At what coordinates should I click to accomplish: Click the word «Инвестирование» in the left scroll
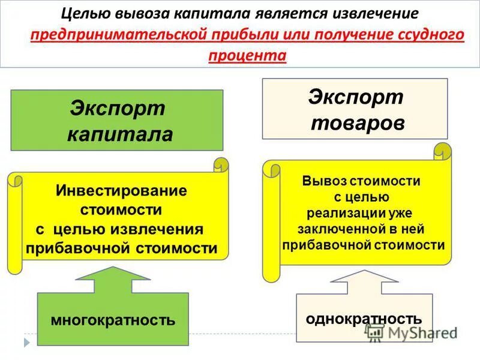(121, 191)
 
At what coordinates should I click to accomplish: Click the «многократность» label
(113, 319)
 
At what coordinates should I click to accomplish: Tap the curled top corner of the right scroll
(443, 149)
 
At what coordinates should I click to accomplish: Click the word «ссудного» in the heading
(432, 34)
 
